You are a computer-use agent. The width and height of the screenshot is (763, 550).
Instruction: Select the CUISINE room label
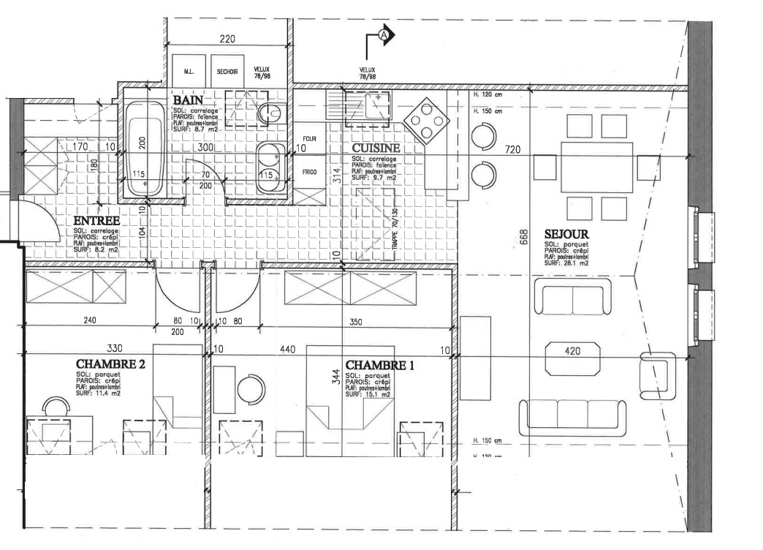click(376, 148)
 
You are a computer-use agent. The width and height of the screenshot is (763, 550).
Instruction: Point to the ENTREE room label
click(96, 220)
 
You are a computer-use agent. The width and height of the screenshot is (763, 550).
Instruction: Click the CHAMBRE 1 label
click(379, 364)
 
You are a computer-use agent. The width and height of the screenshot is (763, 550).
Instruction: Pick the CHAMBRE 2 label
click(110, 363)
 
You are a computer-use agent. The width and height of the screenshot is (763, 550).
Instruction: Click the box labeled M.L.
click(189, 72)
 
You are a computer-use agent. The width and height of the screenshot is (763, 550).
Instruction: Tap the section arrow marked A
click(384, 34)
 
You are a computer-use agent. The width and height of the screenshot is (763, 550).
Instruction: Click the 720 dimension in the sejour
click(512, 150)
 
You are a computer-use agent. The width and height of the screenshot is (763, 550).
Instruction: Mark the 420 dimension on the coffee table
click(572, 352)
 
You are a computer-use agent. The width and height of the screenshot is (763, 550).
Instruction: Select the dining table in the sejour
click(596, 167)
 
